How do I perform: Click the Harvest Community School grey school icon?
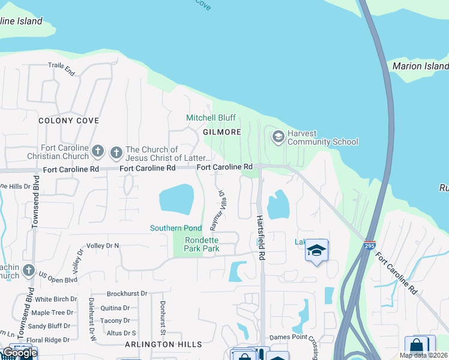coord(277,137)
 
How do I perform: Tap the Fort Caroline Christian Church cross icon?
coord(98,151)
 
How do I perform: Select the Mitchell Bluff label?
coord(211,118)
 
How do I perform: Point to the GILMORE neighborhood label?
coord(222,132)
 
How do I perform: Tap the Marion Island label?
coord(420,66)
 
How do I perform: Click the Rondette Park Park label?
coord(201,244)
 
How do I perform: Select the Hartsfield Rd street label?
coord(261,238)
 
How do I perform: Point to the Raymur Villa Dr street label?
coord(217,211)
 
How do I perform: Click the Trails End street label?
coord(62,69)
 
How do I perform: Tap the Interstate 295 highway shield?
coord(370,245)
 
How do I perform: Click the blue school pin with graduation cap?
coord(316,250)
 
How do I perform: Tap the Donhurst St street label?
coord(161,313)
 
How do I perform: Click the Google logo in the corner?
coord(19,353)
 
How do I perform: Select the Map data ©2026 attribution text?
coord(423,355)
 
